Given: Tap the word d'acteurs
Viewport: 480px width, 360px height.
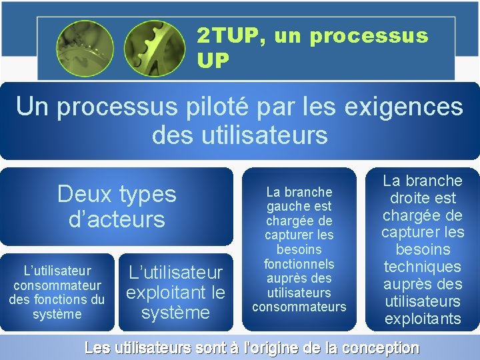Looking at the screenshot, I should click(x=117, y=219).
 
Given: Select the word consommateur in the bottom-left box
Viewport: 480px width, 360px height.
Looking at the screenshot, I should click(x=57, y=285).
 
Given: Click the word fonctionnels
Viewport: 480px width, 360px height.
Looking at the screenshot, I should click(x=299, y=263).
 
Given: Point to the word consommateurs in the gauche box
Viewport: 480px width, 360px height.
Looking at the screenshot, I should click(x=299, y=307).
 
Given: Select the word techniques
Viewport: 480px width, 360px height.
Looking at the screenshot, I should click(x=422, y=267).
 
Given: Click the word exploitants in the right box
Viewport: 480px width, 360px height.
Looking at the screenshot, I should click(x=422, y=319).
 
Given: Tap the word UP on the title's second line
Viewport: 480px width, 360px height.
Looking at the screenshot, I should click(x=213, y=61).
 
